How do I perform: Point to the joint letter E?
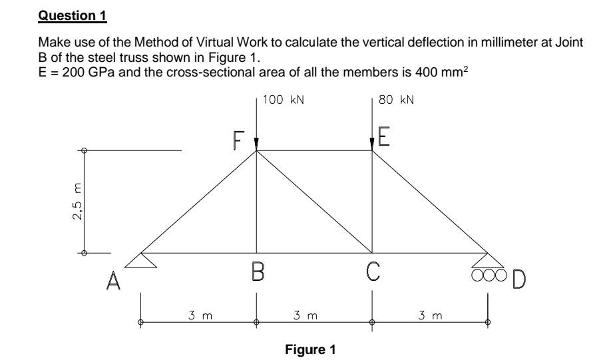pos(385,137)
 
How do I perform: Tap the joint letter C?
pos(372,272)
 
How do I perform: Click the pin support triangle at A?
pos(142,261)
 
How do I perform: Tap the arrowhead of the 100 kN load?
pos(257,144)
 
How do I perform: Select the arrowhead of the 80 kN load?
pos(372,144)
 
